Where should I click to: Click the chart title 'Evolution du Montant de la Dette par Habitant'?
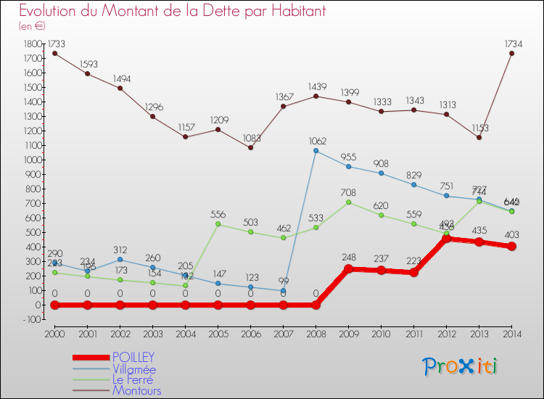click(173, 12)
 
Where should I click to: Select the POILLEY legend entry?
click(133, 358)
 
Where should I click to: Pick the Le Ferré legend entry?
click(133, 380)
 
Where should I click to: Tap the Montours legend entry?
click(136, 391)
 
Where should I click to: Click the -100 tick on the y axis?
click(32, 319)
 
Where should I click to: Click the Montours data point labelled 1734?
click(511, 53)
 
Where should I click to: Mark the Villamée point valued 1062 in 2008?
click(316, 151)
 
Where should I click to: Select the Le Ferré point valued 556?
click(218, 224)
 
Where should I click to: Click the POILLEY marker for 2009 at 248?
click(348, 268)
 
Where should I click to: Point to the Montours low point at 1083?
click(250, 147)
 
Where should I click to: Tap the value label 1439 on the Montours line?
click(316, 86)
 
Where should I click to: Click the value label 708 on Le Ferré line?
click(348, 192)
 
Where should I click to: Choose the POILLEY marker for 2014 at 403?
click(511, 246)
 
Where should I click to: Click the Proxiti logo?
click(461, 366)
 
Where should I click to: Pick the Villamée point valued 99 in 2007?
click(283, 290)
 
